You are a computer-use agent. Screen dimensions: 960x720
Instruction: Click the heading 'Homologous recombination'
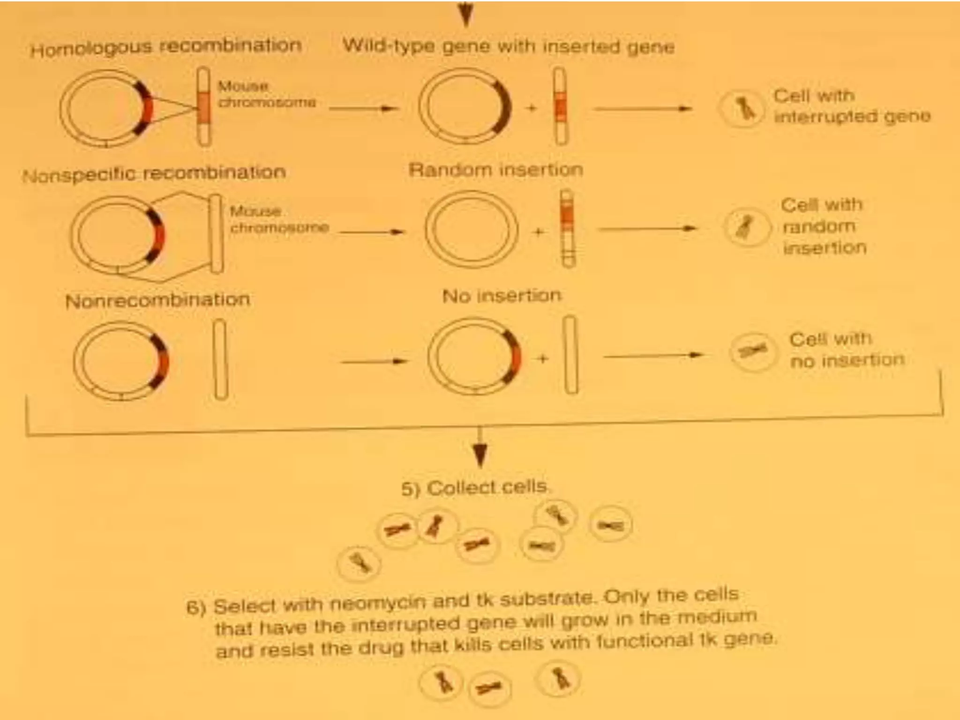coord(165,47)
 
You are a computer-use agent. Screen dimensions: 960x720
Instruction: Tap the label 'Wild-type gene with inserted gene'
coord(509,46)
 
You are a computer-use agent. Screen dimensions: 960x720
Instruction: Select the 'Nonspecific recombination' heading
coord(154,174)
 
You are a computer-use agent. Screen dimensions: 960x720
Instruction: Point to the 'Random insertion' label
coord(496,170)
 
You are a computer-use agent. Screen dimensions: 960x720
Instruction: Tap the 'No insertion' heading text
coord(502,296)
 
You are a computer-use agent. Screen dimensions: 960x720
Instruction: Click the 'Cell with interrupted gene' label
coord(851,106)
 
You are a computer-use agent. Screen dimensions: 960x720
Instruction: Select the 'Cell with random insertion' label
coord(823,226)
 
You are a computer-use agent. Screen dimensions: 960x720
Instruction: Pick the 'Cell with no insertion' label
coord(847,350)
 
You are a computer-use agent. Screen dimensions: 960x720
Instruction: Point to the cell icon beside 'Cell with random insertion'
coord(746,228)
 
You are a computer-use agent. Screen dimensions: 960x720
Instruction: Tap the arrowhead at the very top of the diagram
coord(465,16)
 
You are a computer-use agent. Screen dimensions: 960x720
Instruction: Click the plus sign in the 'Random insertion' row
coord(539,231)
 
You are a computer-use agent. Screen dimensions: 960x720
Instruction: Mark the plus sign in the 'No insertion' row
coord(543,359)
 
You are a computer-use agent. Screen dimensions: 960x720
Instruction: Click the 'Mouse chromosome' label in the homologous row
coord(266,94)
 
